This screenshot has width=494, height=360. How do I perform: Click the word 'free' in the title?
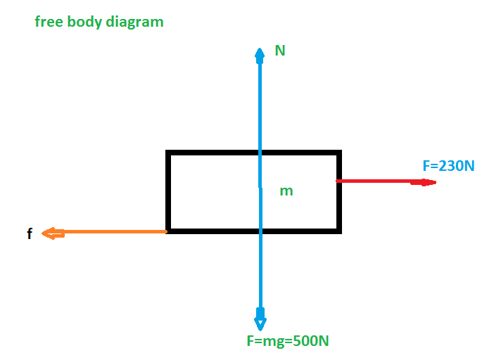(49, 22)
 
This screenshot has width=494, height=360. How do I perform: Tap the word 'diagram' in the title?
(135, 22)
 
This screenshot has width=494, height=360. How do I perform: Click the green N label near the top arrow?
(280, 51)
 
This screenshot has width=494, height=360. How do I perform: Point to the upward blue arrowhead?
(260, 56)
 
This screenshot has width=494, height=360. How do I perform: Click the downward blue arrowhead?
(260, 319)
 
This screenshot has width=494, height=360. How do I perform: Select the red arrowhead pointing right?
(424, 182)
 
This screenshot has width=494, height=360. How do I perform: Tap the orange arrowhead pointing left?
(53, 233)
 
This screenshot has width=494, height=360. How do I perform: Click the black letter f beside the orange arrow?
(30, 233)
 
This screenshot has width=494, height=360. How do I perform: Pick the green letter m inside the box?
(286, 191)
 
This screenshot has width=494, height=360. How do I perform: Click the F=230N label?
(448, 166)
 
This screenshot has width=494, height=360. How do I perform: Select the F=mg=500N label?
(288, 341)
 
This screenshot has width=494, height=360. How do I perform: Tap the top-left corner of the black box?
(168, 153)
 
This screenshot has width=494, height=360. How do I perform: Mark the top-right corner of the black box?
(340, 153)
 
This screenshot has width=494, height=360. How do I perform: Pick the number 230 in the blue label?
(451, 166)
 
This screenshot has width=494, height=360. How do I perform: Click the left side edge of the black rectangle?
(168, 192)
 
